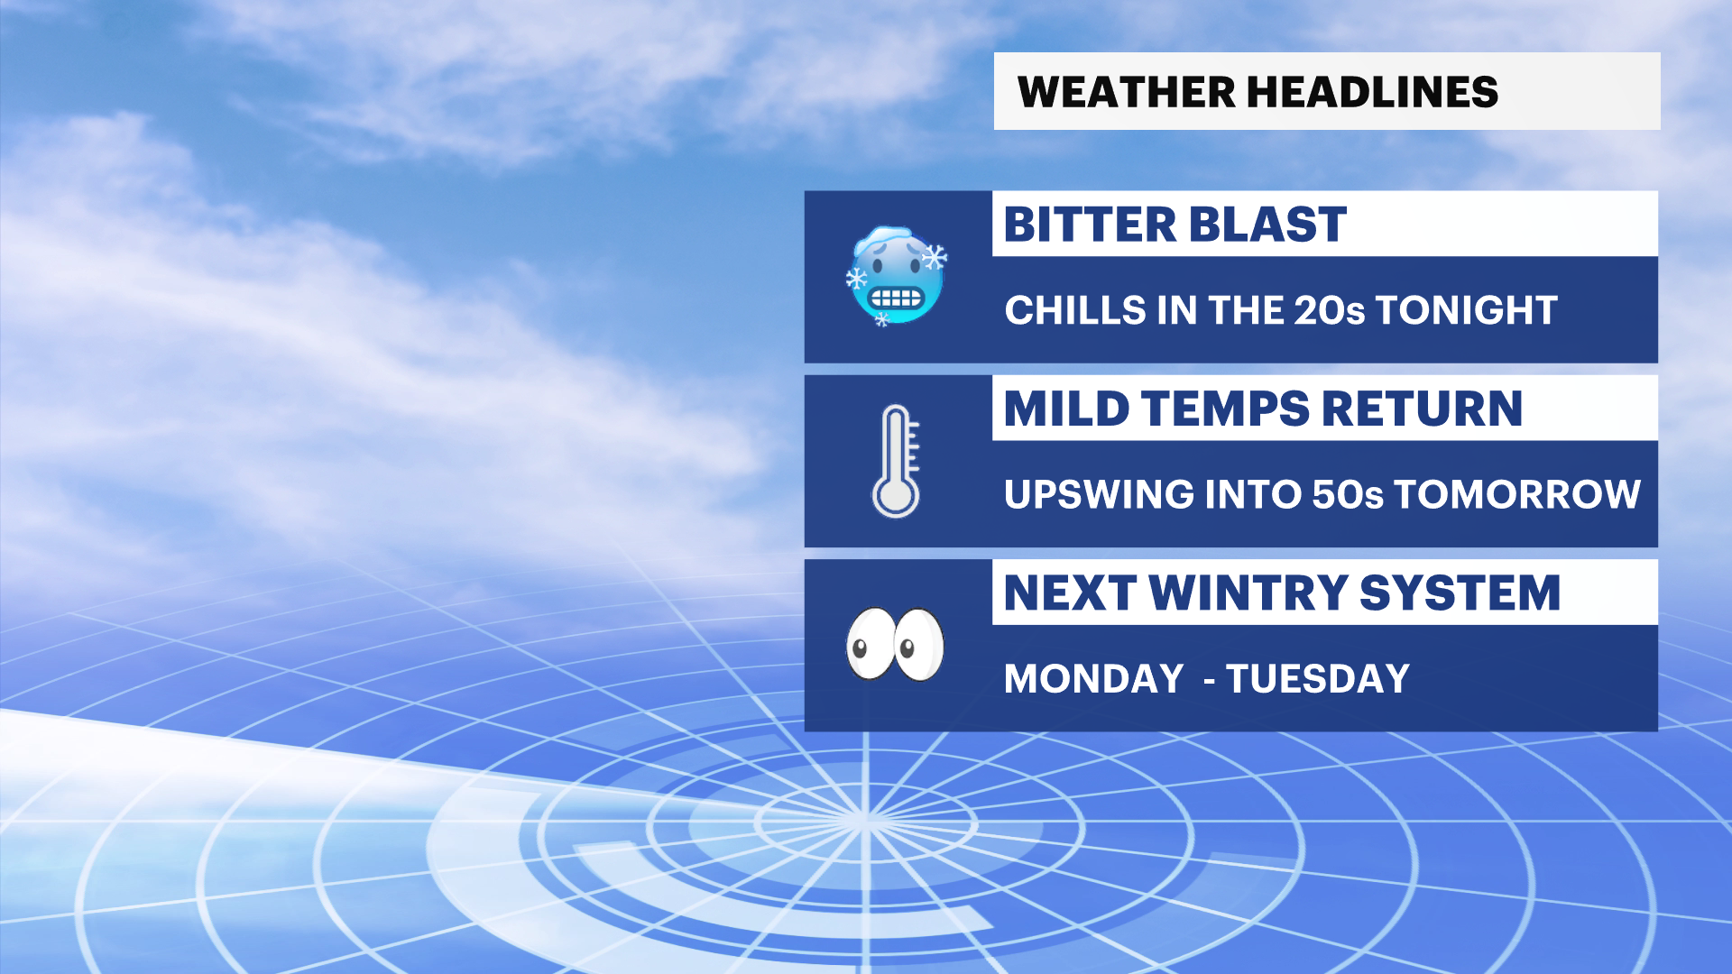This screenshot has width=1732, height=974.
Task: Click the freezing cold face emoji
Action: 896,275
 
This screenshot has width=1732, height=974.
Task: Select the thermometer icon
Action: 896,461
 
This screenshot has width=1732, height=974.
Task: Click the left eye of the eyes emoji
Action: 869,644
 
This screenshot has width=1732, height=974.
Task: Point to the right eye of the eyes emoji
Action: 918,644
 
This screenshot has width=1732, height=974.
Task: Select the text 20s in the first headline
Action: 1330,310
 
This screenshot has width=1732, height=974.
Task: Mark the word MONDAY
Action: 1093,679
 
